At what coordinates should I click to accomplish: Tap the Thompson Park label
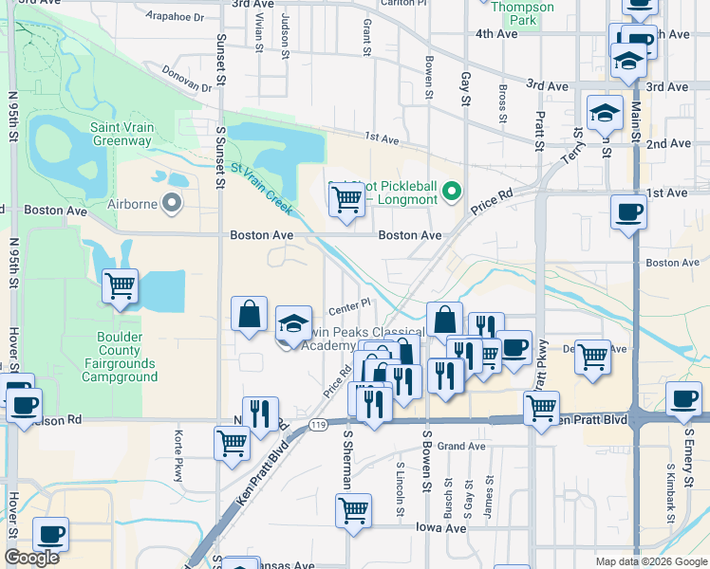pos(523,13)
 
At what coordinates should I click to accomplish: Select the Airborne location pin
pos(172,201)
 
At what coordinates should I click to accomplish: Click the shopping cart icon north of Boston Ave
pos(346,199)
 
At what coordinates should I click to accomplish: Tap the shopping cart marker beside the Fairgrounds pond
pos(121,285)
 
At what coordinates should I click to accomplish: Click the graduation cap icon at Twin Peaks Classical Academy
pos(294,323)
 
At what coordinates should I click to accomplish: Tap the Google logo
pos(31,558)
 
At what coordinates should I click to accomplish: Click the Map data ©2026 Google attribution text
pos(650,561)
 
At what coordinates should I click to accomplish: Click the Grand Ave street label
pos(461,446)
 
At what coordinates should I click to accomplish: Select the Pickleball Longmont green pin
pos(452,192)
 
